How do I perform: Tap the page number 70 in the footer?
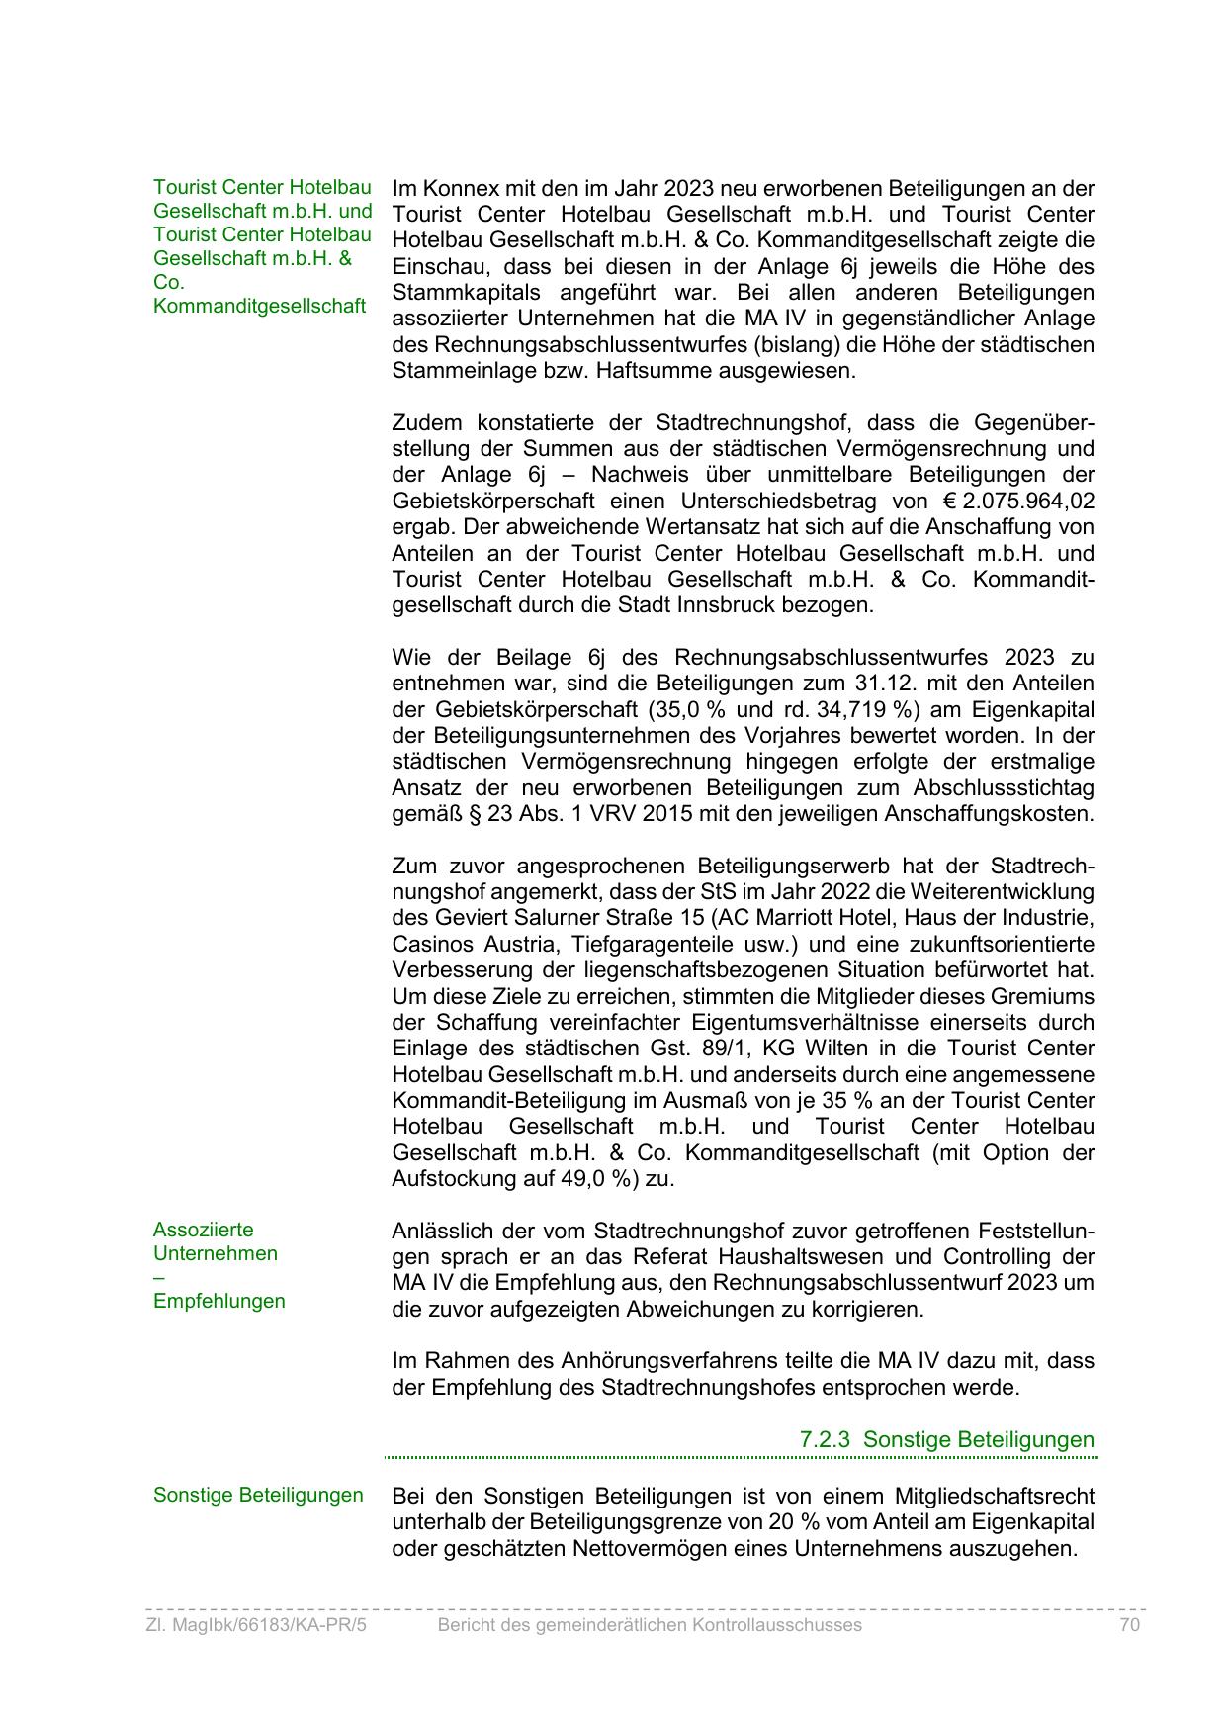click(1130, 1625)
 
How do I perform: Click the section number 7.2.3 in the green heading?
click(825, 1440)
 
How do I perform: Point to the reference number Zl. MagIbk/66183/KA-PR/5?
click(255, 1625)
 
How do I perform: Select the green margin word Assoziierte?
click(203, 1230)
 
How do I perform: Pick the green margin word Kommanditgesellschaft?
click(259, 306)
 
